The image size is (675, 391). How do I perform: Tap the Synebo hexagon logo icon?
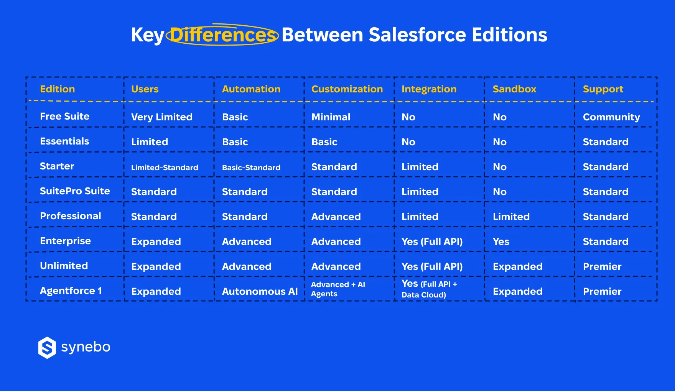pyautogui.click(x=47, y=348)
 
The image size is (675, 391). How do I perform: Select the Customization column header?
pyautogui.click(x=347, y=89)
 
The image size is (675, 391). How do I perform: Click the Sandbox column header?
pyautogui.click(x=514, y=89)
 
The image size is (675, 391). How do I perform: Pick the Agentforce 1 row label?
pyautogui.click(x=71, y=291)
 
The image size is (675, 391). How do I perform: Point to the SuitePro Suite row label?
pyautogui.click(x=75, y=191)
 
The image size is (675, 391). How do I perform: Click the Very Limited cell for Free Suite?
pyautogui.click(x=161, y=117)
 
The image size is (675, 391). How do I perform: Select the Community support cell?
pyautogui.click(x=611, y=117)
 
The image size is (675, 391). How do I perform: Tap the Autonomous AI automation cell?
pyautogui.click(x=260, y=291)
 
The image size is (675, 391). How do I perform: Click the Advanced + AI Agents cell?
pyautogui.click(x=337, y=289)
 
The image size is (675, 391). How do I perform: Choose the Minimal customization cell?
pyautogui.click(x=331, y=117)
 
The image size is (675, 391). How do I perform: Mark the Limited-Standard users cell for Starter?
pyautogui.click(x=165, y=168)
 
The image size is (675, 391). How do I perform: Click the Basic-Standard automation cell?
pyautogui.click(x=251, y=168)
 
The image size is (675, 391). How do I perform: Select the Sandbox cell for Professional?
pyautogui.click(x=511, y=217)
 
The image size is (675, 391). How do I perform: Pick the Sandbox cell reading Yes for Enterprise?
pyautogui.click(x=501, y=242)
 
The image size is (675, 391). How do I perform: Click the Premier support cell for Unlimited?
pyautogui.click(x=602, y=266)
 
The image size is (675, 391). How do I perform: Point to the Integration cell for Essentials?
pyautogui.click(x=408, y=142)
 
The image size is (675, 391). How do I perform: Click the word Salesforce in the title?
pyautogui.click(x=417, y=35)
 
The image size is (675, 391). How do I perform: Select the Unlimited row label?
pyautogui.click(x=64, y=266)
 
